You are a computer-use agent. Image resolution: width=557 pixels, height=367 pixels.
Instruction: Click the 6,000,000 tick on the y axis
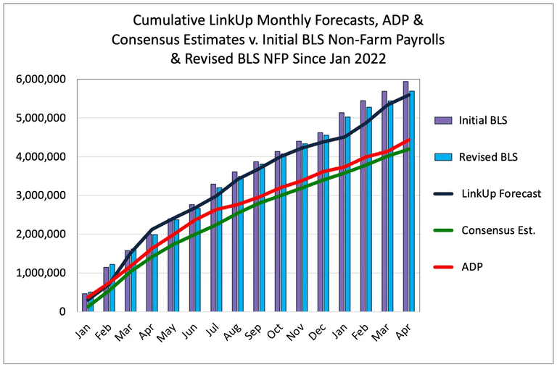pos(41,79)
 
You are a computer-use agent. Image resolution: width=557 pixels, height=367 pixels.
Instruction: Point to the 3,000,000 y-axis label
pos(41,195)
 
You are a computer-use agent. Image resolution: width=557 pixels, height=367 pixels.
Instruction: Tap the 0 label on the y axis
pos(62,312)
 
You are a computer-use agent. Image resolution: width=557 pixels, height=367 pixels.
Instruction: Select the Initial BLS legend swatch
pos(443,121)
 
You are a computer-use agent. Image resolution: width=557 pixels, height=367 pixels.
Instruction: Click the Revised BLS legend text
pos(488,157)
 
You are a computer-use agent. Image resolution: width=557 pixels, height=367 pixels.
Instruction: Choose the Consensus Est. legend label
pos(498,230)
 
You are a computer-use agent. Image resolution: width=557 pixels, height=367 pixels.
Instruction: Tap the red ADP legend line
pos(443,267)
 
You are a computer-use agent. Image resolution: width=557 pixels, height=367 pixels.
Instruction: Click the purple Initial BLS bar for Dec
pos(321,222)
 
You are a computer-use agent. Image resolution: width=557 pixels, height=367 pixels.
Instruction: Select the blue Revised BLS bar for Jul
pos(219,250)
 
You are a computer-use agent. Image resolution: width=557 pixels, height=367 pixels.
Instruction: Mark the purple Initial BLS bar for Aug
pos(235,242)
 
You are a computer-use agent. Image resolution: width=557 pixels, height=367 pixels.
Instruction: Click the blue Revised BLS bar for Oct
pos(283,233)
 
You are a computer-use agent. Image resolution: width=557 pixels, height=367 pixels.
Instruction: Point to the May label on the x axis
pos(167,332)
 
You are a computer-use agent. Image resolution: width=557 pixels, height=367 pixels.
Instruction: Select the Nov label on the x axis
pos(295,332)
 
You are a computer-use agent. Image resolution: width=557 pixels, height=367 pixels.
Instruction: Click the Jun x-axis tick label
pos(189,331)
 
